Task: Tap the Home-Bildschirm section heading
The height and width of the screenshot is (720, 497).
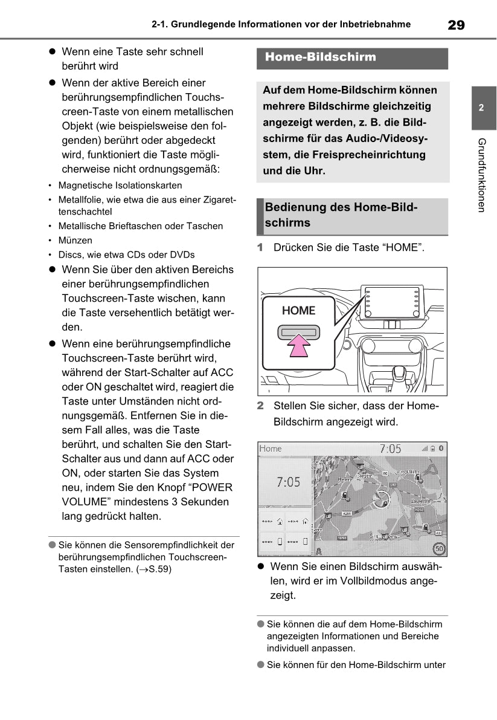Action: click(x=321, y=57)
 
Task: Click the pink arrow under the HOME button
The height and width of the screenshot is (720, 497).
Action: click(x=298, y=349)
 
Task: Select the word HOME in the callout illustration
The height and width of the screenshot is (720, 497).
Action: click(x=298, y=311)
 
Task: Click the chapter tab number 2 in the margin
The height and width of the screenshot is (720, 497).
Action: click(x=481, y=109)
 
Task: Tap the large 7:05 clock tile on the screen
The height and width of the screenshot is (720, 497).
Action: click(x=288, y=482)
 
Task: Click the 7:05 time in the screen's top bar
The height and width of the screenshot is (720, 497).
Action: click(x=390, y=449)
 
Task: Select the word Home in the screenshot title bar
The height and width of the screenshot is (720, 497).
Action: click(x=271, y=449)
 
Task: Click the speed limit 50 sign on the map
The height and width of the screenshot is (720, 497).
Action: click(x=440, y=550)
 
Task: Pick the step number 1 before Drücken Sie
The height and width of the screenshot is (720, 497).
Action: click(x=260, y=248)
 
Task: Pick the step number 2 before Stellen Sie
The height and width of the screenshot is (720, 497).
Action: click(x=260, y=406)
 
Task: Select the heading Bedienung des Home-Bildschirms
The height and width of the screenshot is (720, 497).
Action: click(x=341, y=215)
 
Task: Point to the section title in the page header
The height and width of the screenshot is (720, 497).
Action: click(x=281, y=25)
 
